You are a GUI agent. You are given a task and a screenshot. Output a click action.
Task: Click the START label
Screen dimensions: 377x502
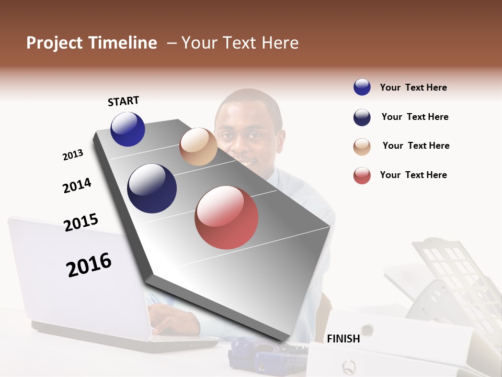(123, 101)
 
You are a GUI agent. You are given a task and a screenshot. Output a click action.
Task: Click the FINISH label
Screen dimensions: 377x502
(344, 339)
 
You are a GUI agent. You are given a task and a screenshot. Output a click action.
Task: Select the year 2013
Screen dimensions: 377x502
(73, 155)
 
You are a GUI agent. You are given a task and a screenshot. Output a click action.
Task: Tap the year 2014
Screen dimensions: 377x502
(77, 185)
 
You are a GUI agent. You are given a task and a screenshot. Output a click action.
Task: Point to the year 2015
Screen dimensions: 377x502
(81, 222)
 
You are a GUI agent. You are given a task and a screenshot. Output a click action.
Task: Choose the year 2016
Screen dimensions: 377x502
(89, 264)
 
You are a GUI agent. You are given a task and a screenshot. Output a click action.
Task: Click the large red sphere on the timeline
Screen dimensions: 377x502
(226, 217)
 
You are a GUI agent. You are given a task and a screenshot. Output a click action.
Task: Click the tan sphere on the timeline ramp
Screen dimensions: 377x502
(198, 147)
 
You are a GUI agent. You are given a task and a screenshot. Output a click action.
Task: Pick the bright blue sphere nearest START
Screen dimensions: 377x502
(128, 129)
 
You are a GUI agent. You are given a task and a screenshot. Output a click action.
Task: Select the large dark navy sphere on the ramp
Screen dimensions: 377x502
(152, 188)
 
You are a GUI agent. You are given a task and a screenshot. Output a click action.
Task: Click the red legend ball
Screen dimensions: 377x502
(362, 175)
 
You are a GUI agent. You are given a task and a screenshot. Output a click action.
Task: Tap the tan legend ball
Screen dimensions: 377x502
(362, 147)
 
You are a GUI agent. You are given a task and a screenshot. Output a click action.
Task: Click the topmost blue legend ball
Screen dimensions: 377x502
(362, 87)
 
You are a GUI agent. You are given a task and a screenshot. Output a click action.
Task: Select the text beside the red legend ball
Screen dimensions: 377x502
(413, 175)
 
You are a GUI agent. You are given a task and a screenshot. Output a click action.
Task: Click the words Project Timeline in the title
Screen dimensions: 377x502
(92, 43)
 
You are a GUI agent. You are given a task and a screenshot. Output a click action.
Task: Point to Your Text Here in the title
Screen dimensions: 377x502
(240, 43)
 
